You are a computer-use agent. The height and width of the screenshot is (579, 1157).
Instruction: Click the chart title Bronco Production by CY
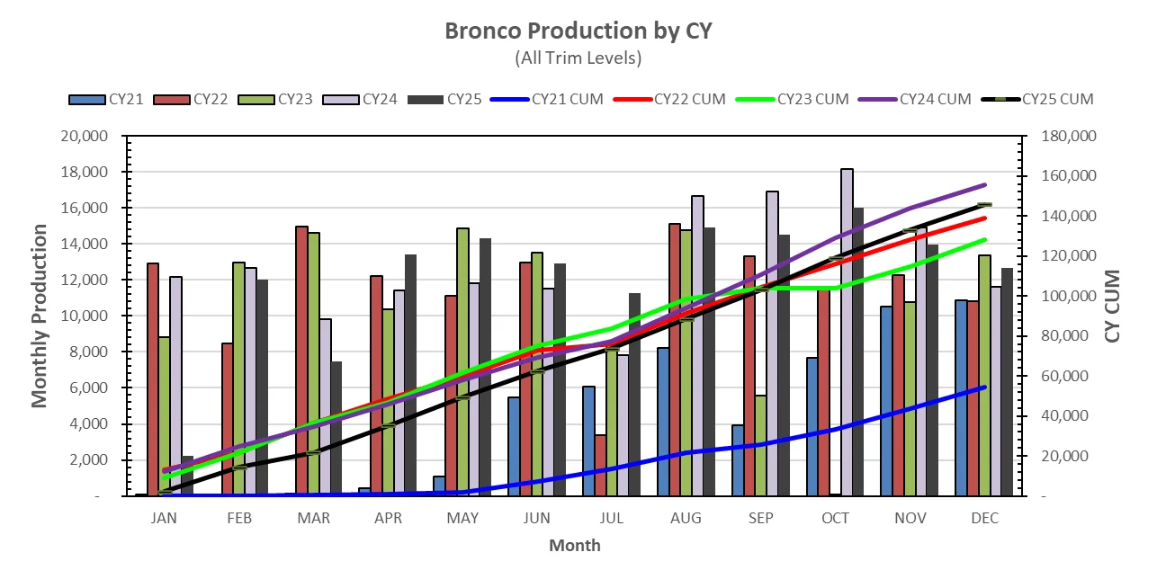point(578,31)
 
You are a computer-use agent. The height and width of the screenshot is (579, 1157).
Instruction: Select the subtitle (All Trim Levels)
point(578,58)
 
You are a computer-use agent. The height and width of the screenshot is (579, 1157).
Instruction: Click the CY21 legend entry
point(107,99)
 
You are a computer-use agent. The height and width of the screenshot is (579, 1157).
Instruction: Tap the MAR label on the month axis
point(313,519)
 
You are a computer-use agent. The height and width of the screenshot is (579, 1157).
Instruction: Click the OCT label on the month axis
point(836,519)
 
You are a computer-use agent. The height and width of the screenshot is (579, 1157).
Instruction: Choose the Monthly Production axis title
point(40,316)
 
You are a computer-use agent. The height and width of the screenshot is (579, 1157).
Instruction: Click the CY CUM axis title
point(1113,306)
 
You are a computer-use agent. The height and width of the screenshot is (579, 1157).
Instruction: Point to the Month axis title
point(575,545)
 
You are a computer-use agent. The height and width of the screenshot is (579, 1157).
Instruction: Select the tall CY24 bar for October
point(847,333)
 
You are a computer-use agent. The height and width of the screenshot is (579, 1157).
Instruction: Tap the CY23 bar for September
point(760,446)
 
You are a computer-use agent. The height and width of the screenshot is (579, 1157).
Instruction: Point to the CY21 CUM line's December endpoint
point(985,387)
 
